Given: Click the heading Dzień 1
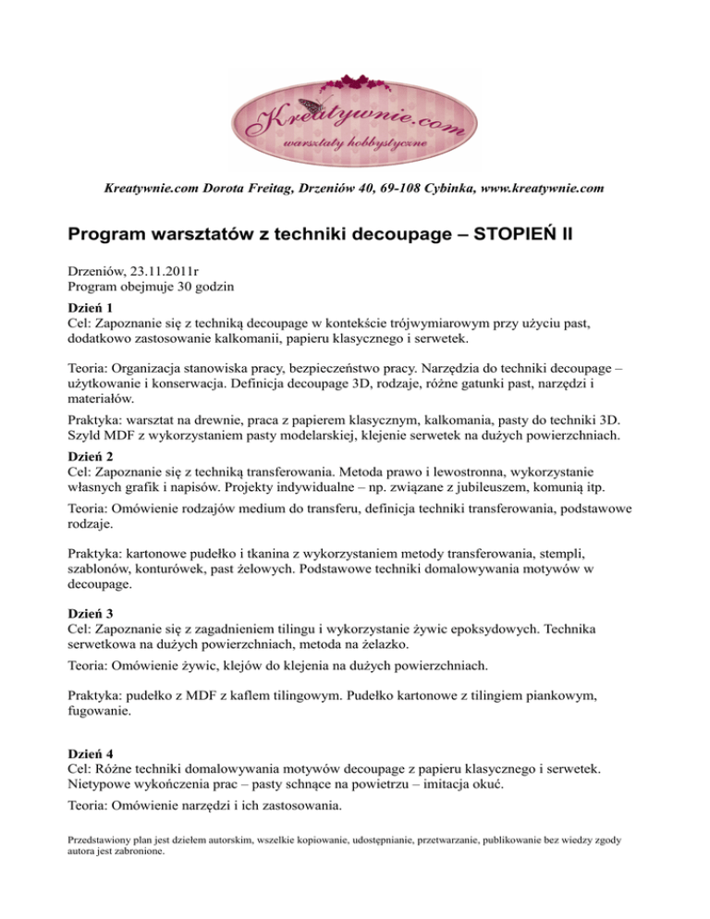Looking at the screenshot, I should point(93,309).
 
